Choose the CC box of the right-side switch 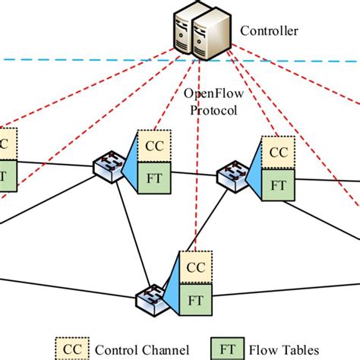278,150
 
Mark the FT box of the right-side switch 278,185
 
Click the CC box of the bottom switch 195,267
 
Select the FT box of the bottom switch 195,299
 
